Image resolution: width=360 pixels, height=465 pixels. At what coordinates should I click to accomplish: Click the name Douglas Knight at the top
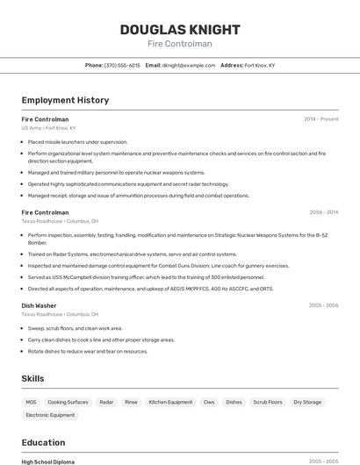tap(179, 29)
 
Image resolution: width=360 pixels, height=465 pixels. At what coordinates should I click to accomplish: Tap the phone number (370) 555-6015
tap(122, 65)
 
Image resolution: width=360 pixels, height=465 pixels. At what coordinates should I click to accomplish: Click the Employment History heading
tap(65, 100)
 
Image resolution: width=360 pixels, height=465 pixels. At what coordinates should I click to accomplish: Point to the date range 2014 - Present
tap(320, 118)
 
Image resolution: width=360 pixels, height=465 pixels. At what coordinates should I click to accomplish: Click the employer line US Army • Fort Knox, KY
tap(48, 127)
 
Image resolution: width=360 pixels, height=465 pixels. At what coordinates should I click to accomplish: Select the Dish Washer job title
tap(40, 305)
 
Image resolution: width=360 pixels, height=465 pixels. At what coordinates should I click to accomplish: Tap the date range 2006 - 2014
tap(323, 212)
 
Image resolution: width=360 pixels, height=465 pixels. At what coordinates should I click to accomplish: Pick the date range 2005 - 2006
tap(323, 305)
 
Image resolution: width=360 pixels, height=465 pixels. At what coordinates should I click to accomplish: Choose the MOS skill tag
tap(32, 402)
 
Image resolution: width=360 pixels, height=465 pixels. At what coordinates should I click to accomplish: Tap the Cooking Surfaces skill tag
tap(68, 402)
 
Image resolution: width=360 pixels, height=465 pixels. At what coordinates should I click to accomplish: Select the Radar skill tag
tap(106, 402)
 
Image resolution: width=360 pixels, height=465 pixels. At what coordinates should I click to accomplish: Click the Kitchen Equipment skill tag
tap(170, 402)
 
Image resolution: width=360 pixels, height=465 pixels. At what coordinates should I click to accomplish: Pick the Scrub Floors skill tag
tap(268, 402)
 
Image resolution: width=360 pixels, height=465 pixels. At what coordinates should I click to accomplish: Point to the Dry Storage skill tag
tap(307, 402)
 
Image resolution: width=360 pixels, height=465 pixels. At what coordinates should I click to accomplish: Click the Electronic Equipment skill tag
tap(50, 415)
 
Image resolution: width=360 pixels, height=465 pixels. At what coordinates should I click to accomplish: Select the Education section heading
tap(43, 442)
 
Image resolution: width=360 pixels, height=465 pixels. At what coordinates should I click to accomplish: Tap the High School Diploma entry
tap(47, 461)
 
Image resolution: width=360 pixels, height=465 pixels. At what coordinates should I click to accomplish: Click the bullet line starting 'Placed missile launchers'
tap(77, 141)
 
